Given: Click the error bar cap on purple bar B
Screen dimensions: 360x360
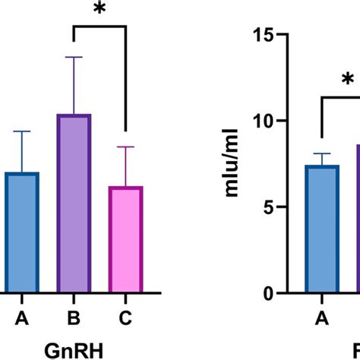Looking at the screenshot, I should pyautogui.click(x=73, y=57).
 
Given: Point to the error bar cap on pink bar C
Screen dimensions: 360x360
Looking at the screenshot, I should pyautogui.click(x=125, y=147).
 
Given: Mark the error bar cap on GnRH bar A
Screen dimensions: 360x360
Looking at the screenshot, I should pyautogui.click(x=23, y=131).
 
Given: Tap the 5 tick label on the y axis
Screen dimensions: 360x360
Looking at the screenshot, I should pyautogui.click(x=270, y=207).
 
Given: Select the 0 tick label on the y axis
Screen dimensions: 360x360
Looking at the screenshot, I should pyautogui.click(x=270, y=292).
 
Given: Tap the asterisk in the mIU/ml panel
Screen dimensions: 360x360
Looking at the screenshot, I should pyautogui.click(x=347, y=81).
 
